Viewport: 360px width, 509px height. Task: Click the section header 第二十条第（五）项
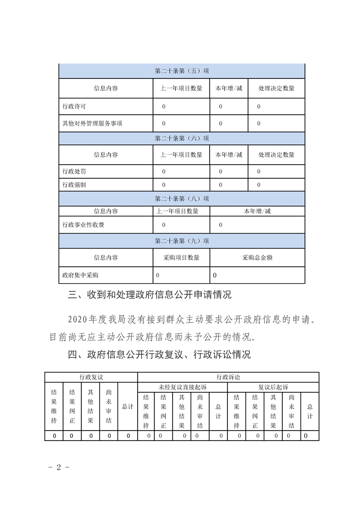182,71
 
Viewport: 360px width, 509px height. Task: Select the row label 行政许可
74,107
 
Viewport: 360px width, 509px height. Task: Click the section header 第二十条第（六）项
182,138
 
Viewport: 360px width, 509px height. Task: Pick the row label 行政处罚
74,171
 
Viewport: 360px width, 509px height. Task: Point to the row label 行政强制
74,185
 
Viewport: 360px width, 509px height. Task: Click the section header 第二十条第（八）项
182,198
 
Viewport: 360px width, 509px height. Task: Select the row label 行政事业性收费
83,225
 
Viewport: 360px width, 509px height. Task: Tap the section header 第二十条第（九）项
182,241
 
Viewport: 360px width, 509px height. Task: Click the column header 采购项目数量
181,257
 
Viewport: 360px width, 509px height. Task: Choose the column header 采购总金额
257,257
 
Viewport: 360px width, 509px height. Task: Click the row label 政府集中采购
80,275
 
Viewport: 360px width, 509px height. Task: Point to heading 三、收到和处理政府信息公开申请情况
150,295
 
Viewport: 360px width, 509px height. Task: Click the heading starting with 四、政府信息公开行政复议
159,355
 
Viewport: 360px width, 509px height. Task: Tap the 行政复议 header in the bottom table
91,377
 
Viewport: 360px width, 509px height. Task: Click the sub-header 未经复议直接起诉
182,387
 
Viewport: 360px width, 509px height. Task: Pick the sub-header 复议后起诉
273,387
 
